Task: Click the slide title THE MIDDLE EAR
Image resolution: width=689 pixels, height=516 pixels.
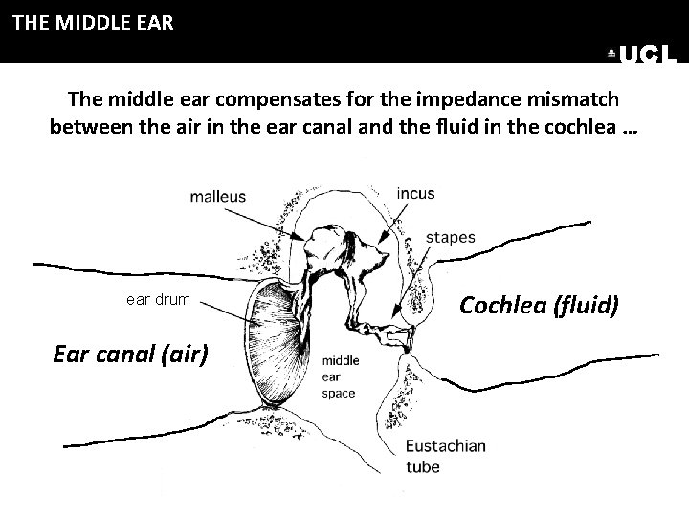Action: (93, 22)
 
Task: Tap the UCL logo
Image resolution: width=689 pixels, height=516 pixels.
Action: (642, 55)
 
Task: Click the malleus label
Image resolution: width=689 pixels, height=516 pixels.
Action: (217, 197)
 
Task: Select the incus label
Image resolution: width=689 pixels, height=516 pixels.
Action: (415, 193)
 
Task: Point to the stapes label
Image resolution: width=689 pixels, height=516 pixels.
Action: (450, 237)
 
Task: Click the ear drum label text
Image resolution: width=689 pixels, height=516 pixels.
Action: (158, 300)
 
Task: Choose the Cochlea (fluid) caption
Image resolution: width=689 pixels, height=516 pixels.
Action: (540, 305)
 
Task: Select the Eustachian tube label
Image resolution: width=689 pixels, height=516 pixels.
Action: (446, 455)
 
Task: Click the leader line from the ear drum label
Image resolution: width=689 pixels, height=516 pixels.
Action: (225, 307)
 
